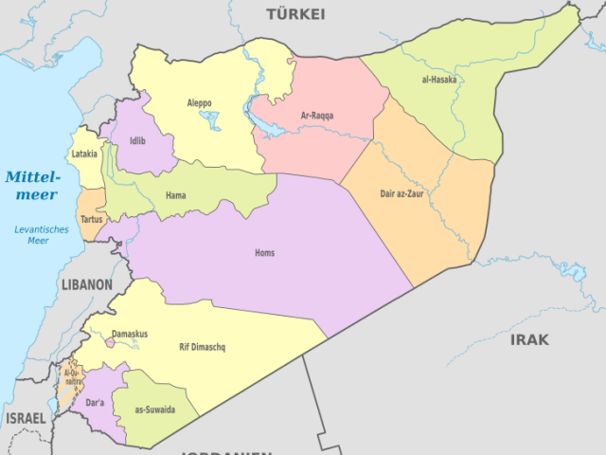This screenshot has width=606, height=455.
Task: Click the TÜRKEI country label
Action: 295,14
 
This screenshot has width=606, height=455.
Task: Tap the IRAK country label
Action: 529,339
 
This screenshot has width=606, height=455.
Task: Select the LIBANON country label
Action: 86,284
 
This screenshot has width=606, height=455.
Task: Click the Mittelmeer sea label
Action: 32,185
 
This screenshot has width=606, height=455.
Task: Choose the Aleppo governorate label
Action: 199,102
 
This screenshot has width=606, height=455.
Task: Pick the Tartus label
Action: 92,219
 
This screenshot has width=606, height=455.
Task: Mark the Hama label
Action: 175,196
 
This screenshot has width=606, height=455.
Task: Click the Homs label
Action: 265,253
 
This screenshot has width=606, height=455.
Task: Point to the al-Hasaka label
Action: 438,80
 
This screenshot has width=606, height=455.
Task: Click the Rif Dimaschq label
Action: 202,347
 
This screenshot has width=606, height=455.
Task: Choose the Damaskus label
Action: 130,334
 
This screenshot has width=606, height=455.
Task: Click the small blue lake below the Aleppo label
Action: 210,120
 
